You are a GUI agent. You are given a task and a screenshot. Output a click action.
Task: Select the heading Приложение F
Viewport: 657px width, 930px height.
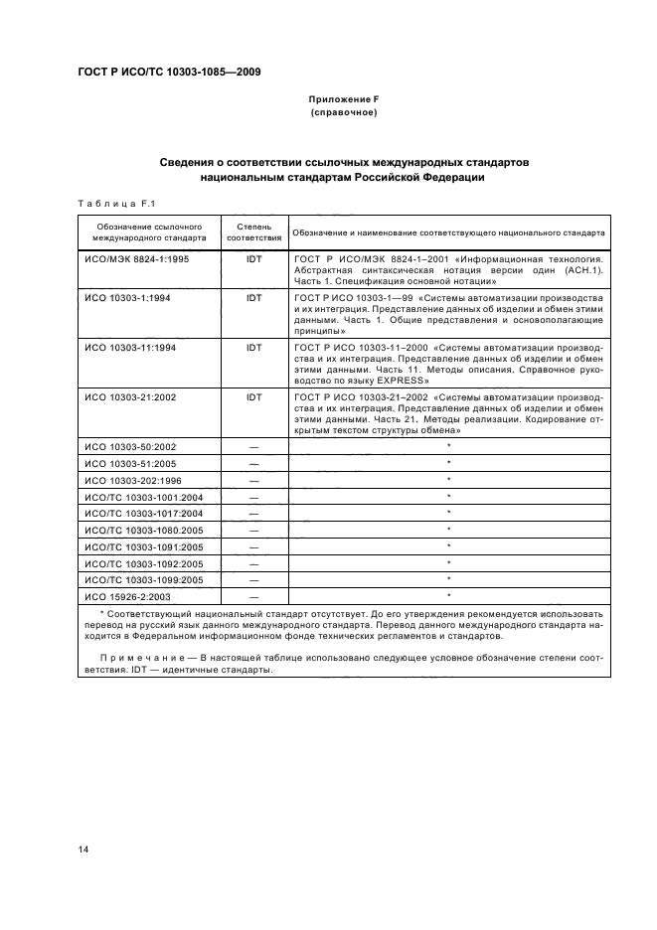(x=344, y=100)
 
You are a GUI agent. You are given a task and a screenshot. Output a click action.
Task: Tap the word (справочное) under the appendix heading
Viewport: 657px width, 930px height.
(x=344, y=113)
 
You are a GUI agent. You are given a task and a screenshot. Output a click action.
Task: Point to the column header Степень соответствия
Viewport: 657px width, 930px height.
(x=253, y=232)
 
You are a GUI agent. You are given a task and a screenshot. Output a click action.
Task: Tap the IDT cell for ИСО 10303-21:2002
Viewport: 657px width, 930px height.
(x=253, y=396)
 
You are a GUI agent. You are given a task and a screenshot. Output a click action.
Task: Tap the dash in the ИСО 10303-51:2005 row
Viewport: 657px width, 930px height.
(x=253, y=464)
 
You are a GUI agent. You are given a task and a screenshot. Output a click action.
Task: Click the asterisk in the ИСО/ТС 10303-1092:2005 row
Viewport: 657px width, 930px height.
(x=449, y=562)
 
